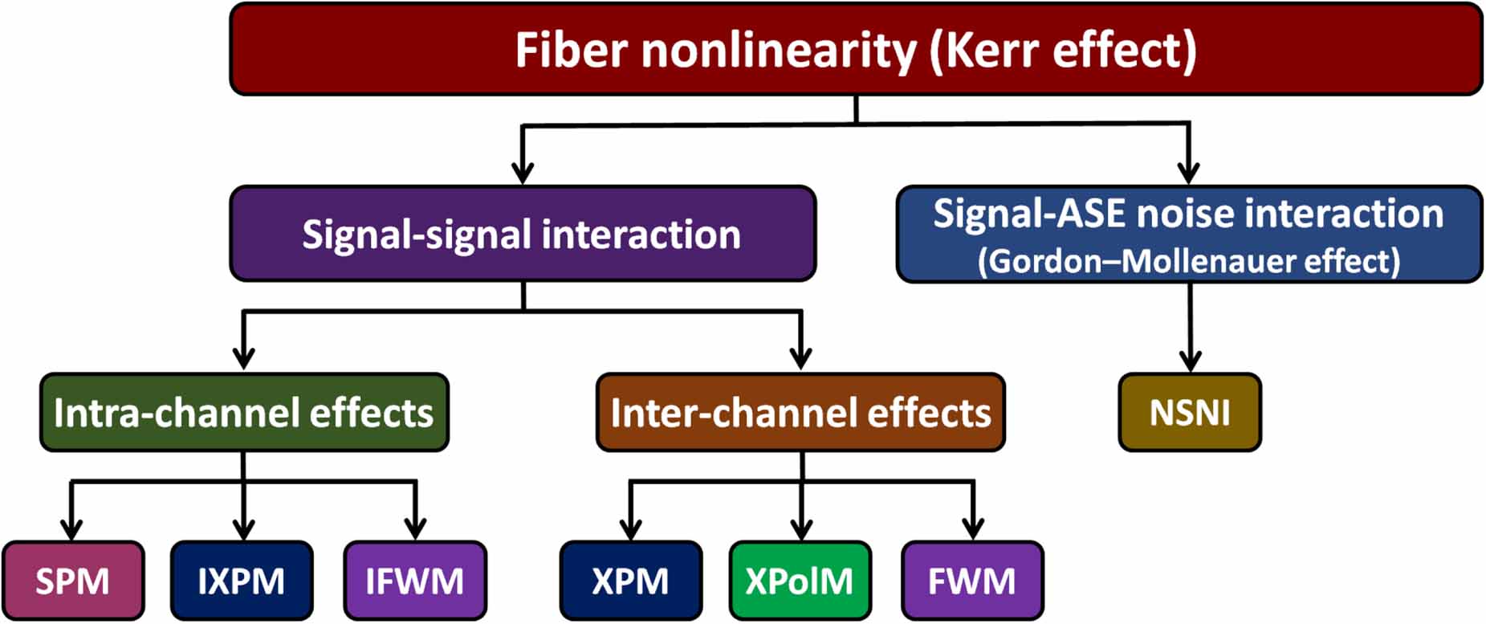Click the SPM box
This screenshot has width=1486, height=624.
[72, 580]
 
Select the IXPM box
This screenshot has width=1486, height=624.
[242, 580]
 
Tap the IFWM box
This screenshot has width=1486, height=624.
[414, 580]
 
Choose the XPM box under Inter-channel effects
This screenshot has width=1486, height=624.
[630, 580]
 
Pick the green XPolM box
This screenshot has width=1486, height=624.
[800, 580]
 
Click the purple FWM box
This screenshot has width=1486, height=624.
[972, 580]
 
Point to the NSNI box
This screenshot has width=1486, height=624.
[1189, 412]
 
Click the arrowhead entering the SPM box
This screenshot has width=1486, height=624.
[71, 530]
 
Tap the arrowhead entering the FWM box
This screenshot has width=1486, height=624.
[973, 530]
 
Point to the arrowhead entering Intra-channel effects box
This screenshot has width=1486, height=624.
[243, 358]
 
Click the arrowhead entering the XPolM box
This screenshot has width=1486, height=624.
[801, 530]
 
